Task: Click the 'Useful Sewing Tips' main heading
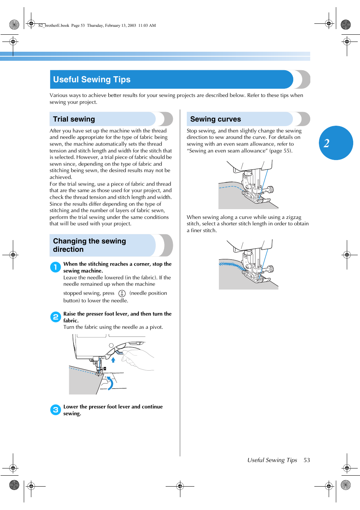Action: click(x=92, y=80)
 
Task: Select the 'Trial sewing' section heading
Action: click(x=74, y=119)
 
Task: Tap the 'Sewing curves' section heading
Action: click(x=215, y=119)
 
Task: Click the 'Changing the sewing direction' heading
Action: click(x=89, y=245)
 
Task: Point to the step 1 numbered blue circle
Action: click(x=55, y=267)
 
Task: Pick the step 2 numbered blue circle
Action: click(x=55, y=317)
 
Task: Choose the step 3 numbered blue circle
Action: click(x=55, y=410)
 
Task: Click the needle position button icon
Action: click(x=122, y=293)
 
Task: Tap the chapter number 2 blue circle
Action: click(x=335, y=143)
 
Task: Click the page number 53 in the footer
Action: click(x=307, y=460)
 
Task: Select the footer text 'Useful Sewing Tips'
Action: click(x=272, y=460)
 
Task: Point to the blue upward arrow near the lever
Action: click(x=113, y=360)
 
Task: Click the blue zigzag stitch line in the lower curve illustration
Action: click(x=231, y=265)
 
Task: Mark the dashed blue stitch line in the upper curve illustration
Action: click(x=230, y=186)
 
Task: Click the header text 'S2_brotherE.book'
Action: click(x=54, y=26)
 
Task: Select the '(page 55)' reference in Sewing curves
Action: click(x=281, y=151)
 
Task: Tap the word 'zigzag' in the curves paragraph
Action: click(x=294, y=217)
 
